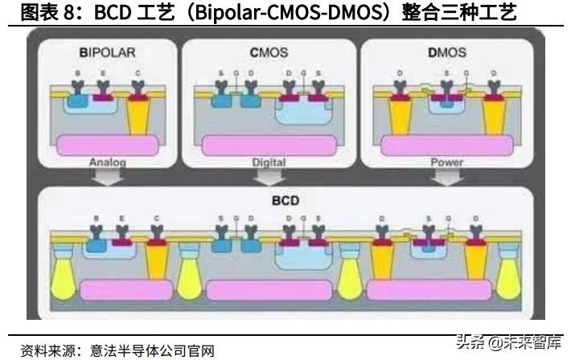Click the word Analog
(x=106, y=162)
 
